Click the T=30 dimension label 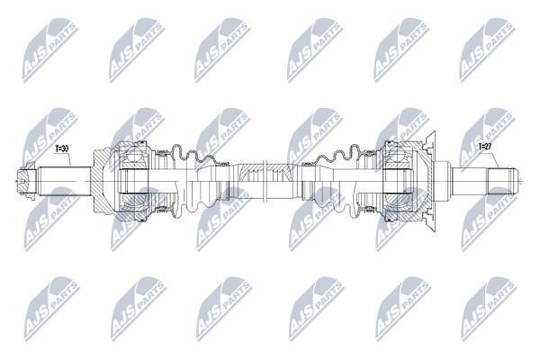62,148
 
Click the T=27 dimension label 485,147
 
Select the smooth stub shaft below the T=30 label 65,181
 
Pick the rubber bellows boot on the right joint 338,181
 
